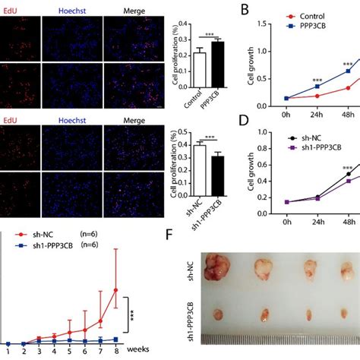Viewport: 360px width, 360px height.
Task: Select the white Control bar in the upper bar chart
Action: click(200, 73)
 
